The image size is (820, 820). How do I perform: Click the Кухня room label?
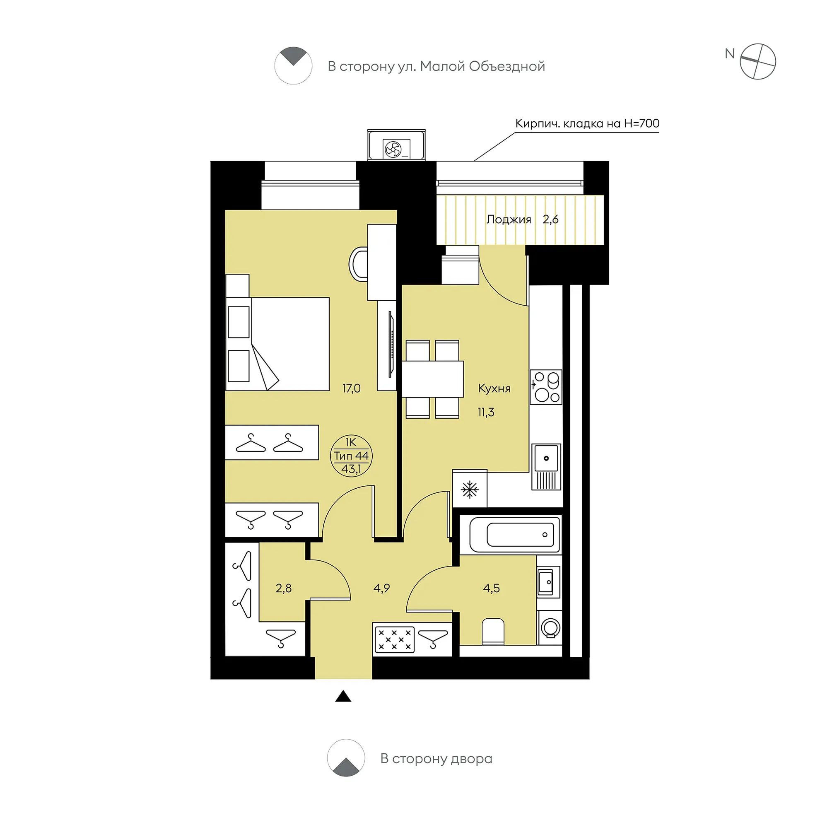tap(494, 389)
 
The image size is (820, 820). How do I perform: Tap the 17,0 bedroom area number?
tap(352, 388)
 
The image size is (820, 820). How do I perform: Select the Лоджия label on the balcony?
tap(509, 220)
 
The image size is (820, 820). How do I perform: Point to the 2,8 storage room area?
tap(284, 588)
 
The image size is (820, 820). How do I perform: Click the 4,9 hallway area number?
tap(381, 588)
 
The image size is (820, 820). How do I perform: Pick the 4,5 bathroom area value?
tap(491, 588)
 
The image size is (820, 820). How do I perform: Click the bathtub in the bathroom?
tap(514, 534)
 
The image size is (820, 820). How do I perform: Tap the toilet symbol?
tap(493, 632)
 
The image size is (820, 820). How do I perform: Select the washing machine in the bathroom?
tap(550, 628)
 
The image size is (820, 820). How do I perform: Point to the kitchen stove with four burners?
tap(546, 387)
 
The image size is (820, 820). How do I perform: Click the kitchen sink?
tap(546, 467)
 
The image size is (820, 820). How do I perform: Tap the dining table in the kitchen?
tap(432, 379)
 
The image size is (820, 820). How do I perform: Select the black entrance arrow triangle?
tap(343, 696)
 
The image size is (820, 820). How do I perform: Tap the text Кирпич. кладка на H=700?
tap(587, 123)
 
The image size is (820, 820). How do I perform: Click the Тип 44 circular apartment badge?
tap(351, 456)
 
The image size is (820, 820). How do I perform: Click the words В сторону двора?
tap(437, 759)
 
